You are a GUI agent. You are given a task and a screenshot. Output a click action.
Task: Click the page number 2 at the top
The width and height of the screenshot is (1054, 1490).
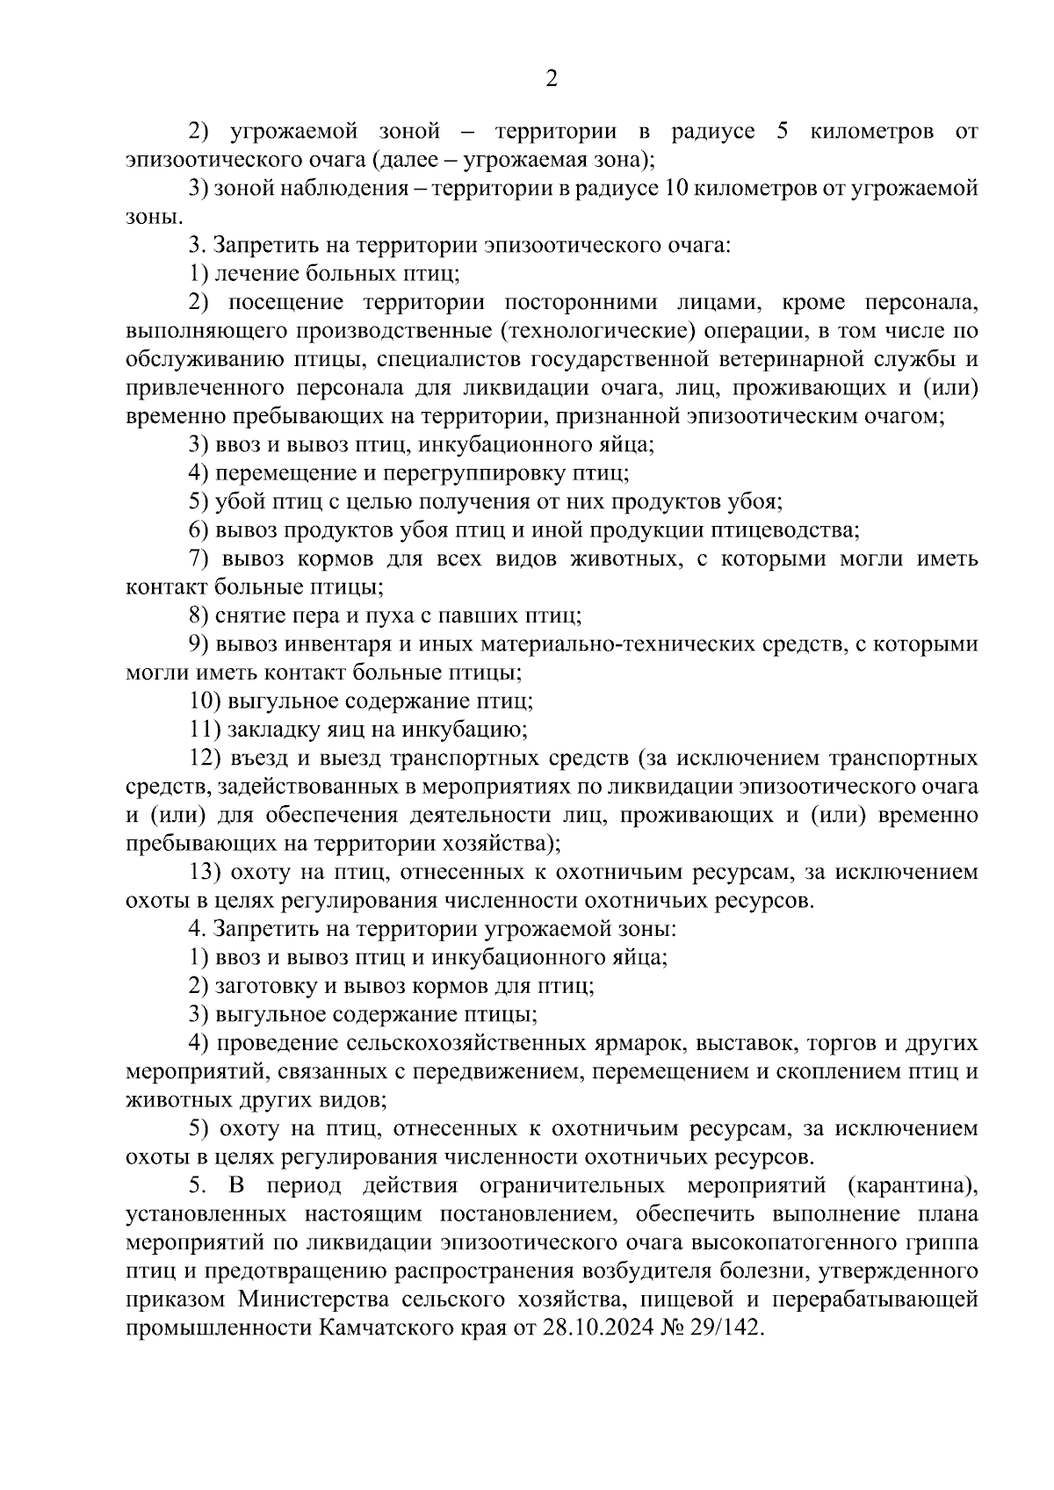coord(551,79)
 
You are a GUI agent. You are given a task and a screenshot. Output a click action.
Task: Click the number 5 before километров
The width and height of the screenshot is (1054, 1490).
coord(783,132)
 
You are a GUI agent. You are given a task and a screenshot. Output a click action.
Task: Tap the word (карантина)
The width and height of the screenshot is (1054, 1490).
coord(913,1185)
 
